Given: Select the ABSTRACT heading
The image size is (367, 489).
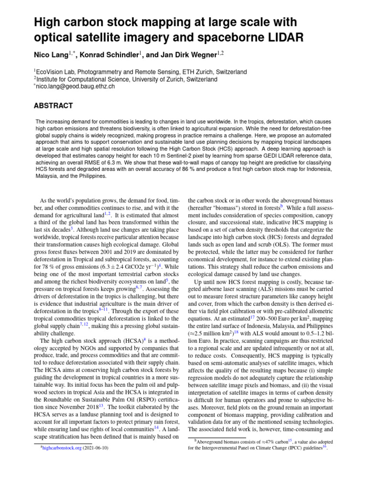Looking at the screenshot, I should coord(53,106).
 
